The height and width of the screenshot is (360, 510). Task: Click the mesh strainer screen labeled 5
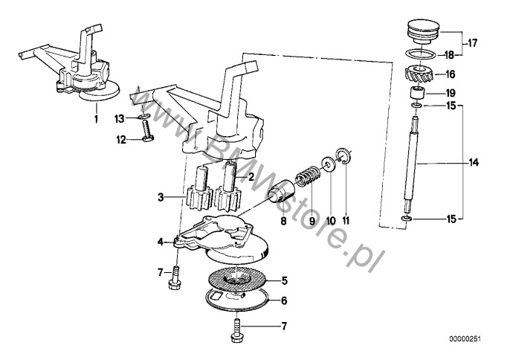click(237, 281)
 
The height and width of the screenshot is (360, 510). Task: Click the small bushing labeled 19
click(417, 92)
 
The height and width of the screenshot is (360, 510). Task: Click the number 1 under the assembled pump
click(96, 119)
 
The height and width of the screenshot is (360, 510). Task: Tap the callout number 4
click(160, 242)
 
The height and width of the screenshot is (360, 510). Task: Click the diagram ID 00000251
click(465, 339)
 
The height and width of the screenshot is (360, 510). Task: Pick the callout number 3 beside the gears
click(161, 197)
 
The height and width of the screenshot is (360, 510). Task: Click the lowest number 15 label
click(451, 219)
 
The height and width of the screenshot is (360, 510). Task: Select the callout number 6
click(284, 300)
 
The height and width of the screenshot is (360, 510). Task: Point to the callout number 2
click(251, 177)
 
